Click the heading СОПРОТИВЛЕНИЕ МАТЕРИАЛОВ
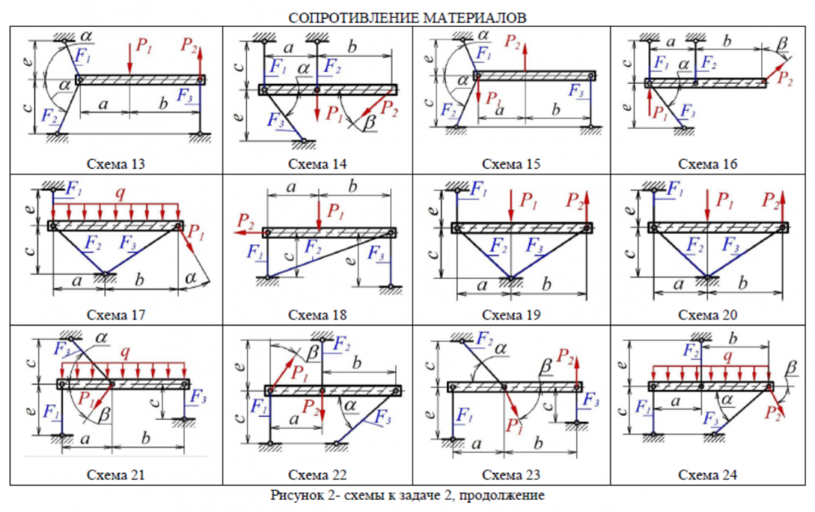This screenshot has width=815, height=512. coord(407,16)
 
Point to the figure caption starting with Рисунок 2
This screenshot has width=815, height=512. coord(407,495)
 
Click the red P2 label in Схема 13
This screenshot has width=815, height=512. coord(190,45)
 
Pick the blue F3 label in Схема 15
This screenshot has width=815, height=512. coord(576,90)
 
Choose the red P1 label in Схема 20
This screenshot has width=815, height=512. coord(722,199)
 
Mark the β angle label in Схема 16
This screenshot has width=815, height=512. coord(783,42)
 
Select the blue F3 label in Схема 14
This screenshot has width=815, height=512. coord(275,119)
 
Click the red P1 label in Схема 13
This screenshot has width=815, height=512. coord(143,47)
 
